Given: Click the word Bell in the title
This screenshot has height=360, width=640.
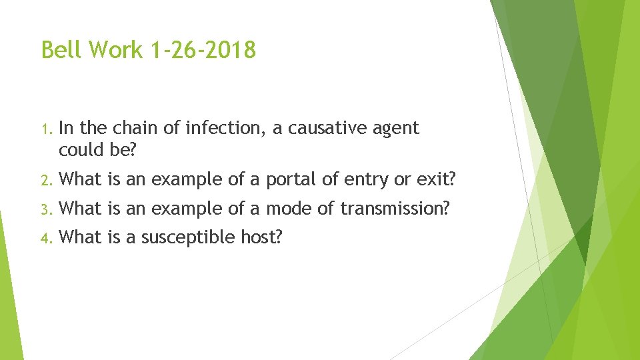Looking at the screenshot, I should tap(61, 49).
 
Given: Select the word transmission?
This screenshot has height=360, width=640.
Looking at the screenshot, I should tap(392, 209).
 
